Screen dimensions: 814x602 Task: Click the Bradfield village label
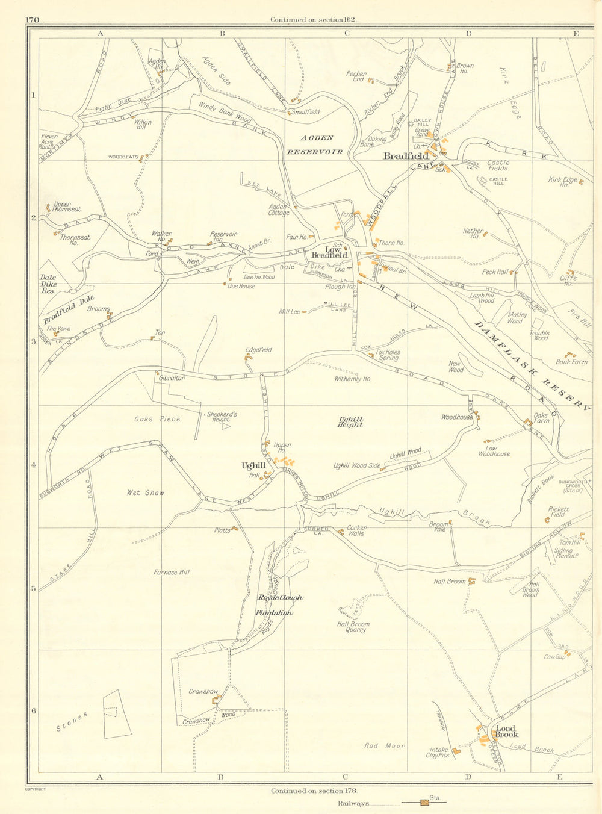(x=406, y=156)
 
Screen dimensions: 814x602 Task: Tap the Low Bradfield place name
(x=328, y=252)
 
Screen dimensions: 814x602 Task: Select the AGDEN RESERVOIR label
(x=315, y=145)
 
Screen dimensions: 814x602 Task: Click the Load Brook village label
(x=506, y=731)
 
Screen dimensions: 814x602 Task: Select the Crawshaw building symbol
(x=216, y=699)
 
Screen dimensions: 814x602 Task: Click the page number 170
(x=33, y=20)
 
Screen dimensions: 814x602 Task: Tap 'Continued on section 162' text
(x=314, y=19)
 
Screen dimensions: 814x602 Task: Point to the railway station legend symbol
(x=426, y=803)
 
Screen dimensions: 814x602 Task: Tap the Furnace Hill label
(x=173, y=573)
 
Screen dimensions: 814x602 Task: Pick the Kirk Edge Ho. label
(x=563, y=182)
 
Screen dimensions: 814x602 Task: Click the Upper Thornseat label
(x=67, y=207)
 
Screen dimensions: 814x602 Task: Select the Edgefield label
(x=259, y=350)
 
